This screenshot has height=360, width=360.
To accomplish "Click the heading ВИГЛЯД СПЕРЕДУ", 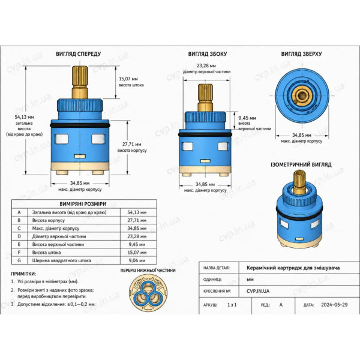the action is point(79,54).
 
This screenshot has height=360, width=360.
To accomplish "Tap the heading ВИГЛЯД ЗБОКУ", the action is point(208,54).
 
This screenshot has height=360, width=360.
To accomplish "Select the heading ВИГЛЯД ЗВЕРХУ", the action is point(301,54).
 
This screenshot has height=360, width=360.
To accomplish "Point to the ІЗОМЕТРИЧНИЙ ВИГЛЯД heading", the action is point(301,164).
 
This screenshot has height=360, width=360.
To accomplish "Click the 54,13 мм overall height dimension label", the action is point(25,117).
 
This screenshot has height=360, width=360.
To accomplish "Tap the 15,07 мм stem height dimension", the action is point(128,79).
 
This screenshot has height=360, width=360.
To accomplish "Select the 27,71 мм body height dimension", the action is point(132,145).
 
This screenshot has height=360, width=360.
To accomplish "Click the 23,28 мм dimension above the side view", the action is point(206,65).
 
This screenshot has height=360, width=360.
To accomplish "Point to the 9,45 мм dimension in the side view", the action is point(247,118).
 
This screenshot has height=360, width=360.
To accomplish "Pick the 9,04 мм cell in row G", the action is point(137,260).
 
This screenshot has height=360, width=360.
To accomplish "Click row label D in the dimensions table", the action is point(19,236).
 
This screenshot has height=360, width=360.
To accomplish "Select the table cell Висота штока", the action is point(46,253).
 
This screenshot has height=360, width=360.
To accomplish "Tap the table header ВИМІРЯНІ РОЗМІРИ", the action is point(83,204).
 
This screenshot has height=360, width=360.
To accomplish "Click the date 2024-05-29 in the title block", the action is point(334,305).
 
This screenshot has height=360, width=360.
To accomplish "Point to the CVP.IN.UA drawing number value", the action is point(258,291).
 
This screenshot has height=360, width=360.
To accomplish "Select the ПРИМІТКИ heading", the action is point(23,274).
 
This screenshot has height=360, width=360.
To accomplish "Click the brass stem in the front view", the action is point(80,82).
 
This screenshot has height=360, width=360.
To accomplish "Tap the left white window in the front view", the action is point(61,139).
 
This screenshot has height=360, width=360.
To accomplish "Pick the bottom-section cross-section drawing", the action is point(148,293).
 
